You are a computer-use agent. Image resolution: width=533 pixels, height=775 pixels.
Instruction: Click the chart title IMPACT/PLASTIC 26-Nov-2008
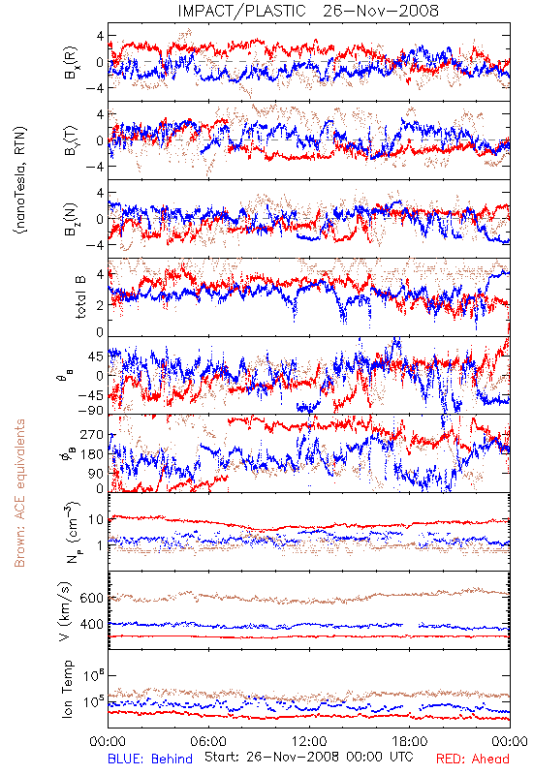(x=308, y=11)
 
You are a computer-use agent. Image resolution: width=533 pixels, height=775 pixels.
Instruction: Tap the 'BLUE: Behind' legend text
(x=150, y=759)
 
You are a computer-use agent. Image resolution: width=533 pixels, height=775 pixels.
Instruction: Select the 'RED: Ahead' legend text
(x=472, y=759)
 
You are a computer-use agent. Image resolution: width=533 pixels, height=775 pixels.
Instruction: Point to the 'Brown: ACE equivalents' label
(x=19, y=493)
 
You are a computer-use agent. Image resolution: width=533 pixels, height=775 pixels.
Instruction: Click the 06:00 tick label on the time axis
(x=208, y=741)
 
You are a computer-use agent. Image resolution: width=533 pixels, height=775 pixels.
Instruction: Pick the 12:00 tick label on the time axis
(x=309, y=741)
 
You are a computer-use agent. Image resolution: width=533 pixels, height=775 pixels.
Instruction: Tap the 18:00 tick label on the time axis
(x=410, y=741)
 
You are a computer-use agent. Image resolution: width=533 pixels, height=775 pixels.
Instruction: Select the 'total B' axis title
(x=79, y=296)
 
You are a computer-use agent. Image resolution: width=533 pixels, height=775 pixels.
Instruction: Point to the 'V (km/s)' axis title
(x=65, y=611)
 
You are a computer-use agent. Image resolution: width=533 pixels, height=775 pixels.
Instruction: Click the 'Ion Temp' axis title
(x=67, y=689)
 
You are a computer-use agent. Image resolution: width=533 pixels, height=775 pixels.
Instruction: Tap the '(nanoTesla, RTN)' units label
(x=20, y=179)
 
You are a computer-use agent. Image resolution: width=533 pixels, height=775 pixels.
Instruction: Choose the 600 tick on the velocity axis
(x=91, y=598)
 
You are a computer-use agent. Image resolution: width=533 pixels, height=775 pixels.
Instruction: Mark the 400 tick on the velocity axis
(x=91, y=624)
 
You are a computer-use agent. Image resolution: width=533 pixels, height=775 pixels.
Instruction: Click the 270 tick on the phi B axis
(x=92, y=435)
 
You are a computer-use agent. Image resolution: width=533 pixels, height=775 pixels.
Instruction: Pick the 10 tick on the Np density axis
(x=96, y=520)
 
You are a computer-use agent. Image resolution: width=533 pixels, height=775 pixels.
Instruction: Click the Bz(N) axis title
(x=70, y=218)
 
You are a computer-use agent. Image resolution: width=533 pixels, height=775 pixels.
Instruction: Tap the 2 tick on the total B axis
(x=101, y=305)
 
